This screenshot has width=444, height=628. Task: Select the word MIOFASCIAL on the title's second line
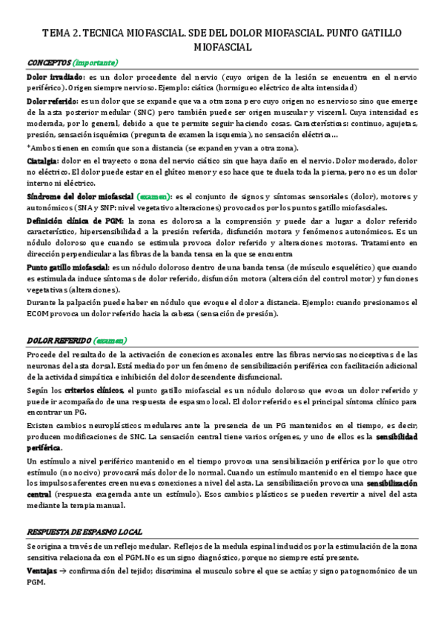coord(222,47)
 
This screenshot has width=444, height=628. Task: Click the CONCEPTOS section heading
coord(49,63)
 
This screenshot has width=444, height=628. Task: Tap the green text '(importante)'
coord(95,63)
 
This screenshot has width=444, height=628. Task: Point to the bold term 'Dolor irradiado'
coord(55,78)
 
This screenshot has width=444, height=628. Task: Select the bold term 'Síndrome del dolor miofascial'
coord(80,196)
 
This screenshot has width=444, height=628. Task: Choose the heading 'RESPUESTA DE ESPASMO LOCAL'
coord(85,532)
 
